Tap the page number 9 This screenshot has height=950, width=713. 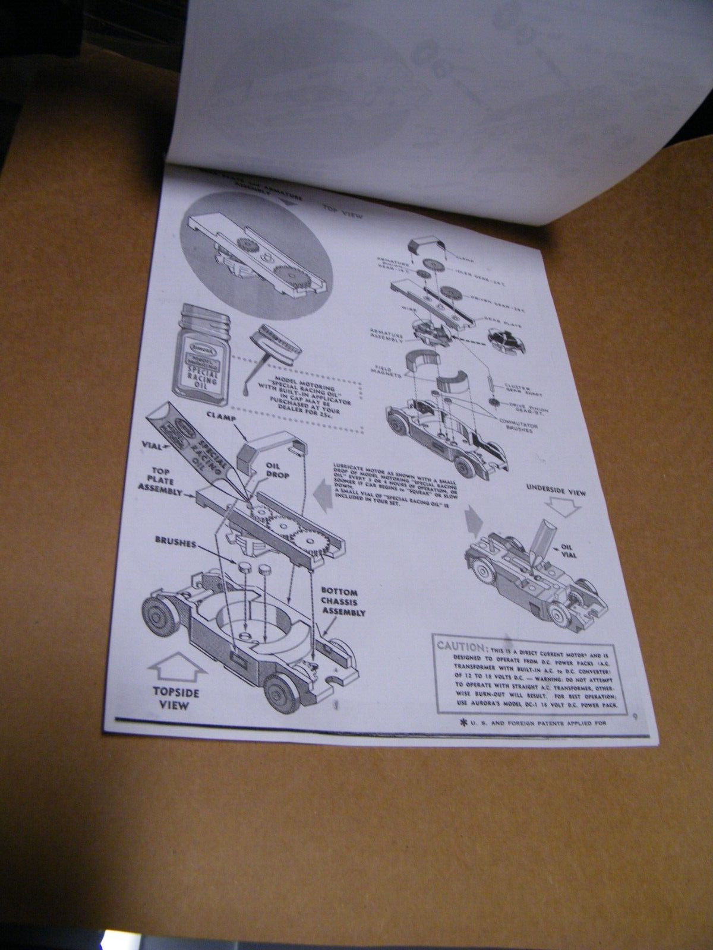[x=635, y=716]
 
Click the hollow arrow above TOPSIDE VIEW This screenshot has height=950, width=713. [x=177, y=668]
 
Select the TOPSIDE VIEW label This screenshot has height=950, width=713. [x=176, y=698]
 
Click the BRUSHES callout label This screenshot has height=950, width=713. [x=175, y=542]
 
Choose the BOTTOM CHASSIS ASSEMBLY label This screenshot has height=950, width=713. [x=343, y=602]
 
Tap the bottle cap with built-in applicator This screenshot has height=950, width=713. [x=276, y=341]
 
